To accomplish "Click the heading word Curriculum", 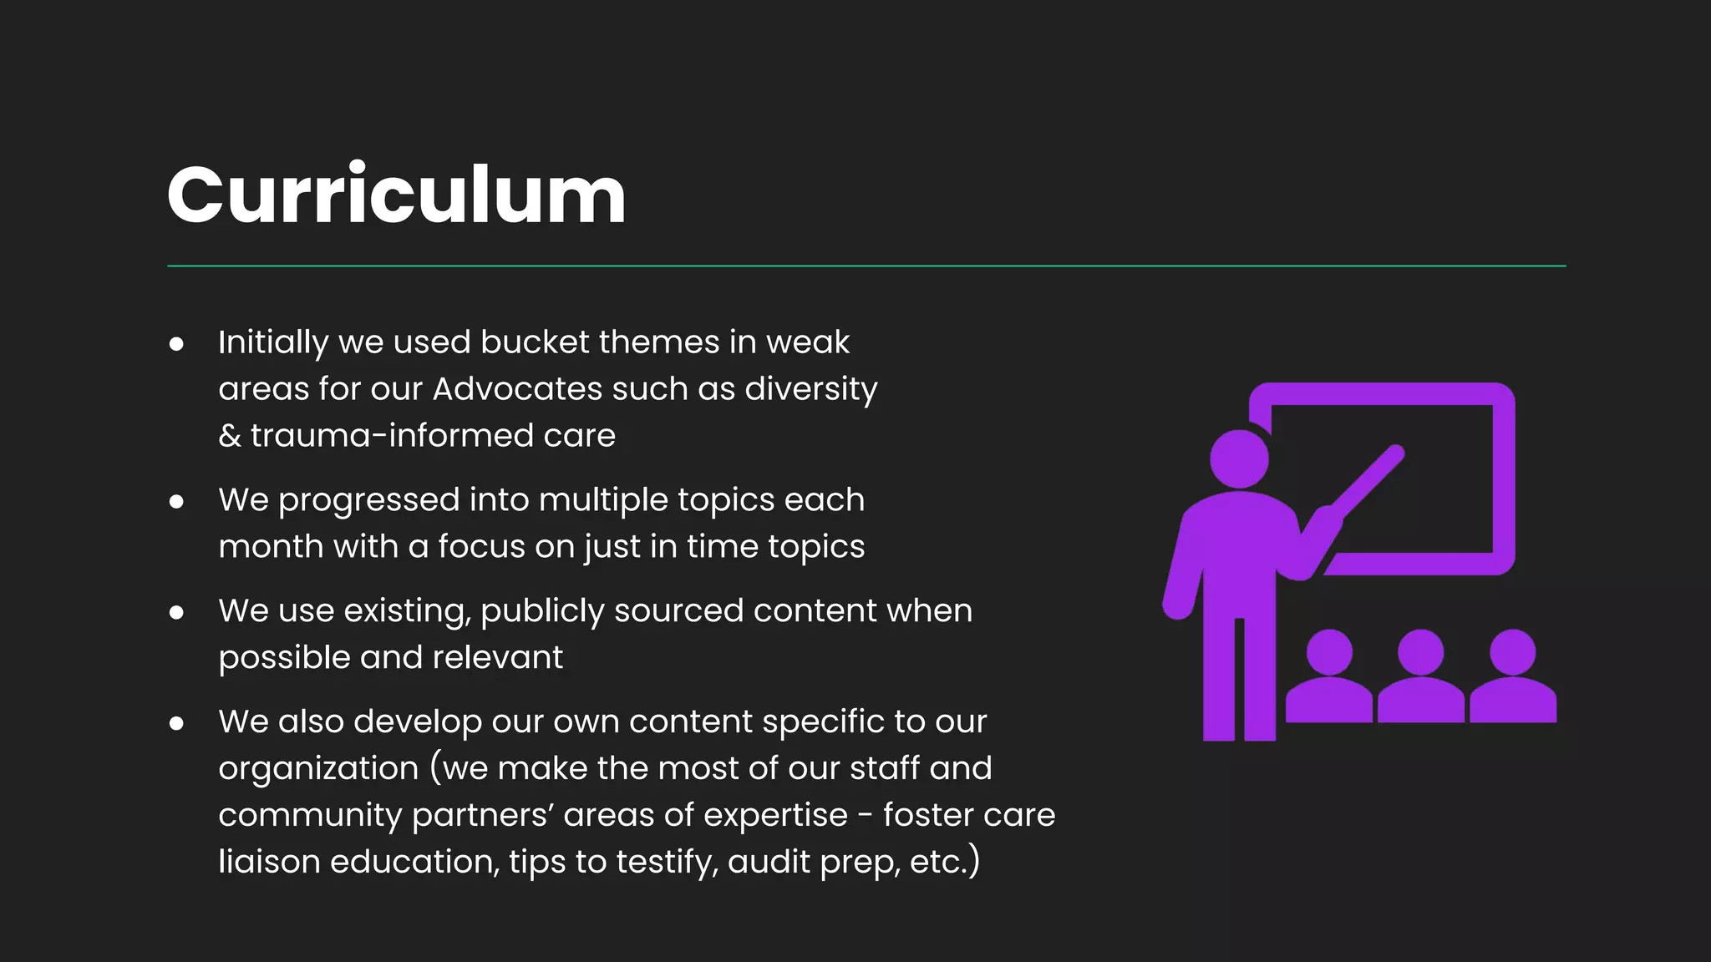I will pyautogui.click(x=396, y=195).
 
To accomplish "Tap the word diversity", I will pyautogui.click(x=810, y=389).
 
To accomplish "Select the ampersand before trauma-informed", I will pyautogui.click(x=229, y=436).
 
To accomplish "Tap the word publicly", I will pyautogui.click(x=542, y=611).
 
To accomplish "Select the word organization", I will pyautogui.click(x=318, y=769).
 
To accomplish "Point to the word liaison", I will pyautogui.click(x=269, y=862).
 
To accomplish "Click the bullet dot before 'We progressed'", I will pyautogui.click(x=176, y=501).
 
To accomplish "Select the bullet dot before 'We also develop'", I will pyautogui.click(x=176, y=723).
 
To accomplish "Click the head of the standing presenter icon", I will pyautogui.click(x=1239, y=458).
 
